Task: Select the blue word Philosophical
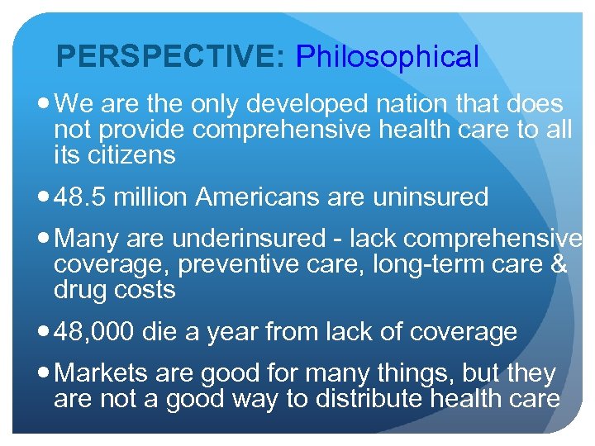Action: tap(387, 57)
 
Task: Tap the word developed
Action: tap(298, 104)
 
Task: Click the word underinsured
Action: tap(249, 239)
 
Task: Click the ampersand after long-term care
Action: tap(559, 264)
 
